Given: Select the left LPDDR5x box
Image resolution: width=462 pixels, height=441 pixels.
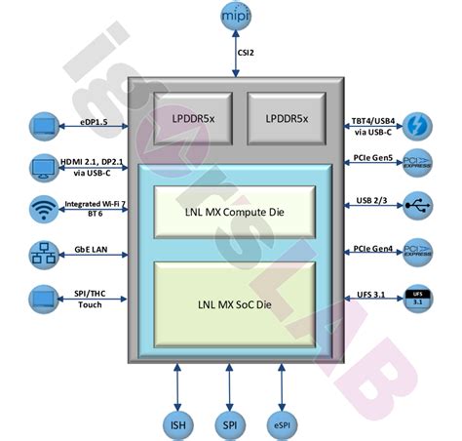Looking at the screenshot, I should point(193,118).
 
